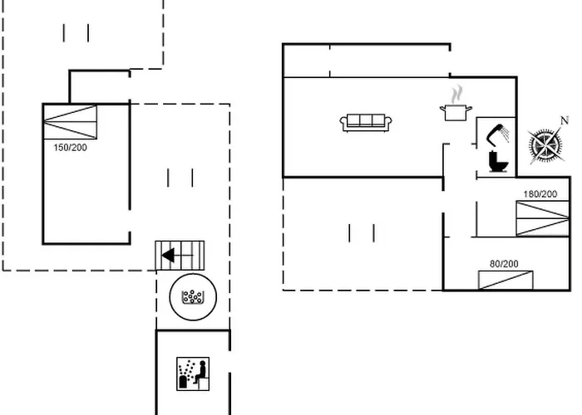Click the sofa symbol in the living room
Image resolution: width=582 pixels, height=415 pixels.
click(x=366, y=123)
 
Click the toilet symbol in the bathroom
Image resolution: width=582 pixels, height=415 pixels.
click(x=498, y=161)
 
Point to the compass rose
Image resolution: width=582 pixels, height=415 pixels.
click(x=545, y=145)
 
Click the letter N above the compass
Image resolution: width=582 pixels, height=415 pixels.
click(x=565, y=120)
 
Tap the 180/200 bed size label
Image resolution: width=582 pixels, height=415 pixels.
click(x=540, y=193)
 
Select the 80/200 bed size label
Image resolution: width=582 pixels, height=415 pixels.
click(x=504, y=264)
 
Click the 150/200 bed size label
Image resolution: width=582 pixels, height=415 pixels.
click(x=70, y=148)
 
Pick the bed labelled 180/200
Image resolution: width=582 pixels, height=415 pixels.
click(x=543, y=218)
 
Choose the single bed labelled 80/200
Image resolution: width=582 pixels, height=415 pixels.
click(x=506, y=281)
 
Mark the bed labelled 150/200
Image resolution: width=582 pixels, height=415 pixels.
click(x=70, y=122)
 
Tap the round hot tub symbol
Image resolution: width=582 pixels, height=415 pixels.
click(x=193, y=297)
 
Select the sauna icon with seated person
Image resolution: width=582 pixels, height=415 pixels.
click(x=193, y=373)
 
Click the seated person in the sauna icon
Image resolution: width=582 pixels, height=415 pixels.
click(x=200, y=372)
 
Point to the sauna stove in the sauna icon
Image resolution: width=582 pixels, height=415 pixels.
click(x=183, y=382)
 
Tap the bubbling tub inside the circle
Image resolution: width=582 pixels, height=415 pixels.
click(x=192, y=297)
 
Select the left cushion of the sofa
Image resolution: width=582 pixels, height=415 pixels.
click(x=353, y=120)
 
